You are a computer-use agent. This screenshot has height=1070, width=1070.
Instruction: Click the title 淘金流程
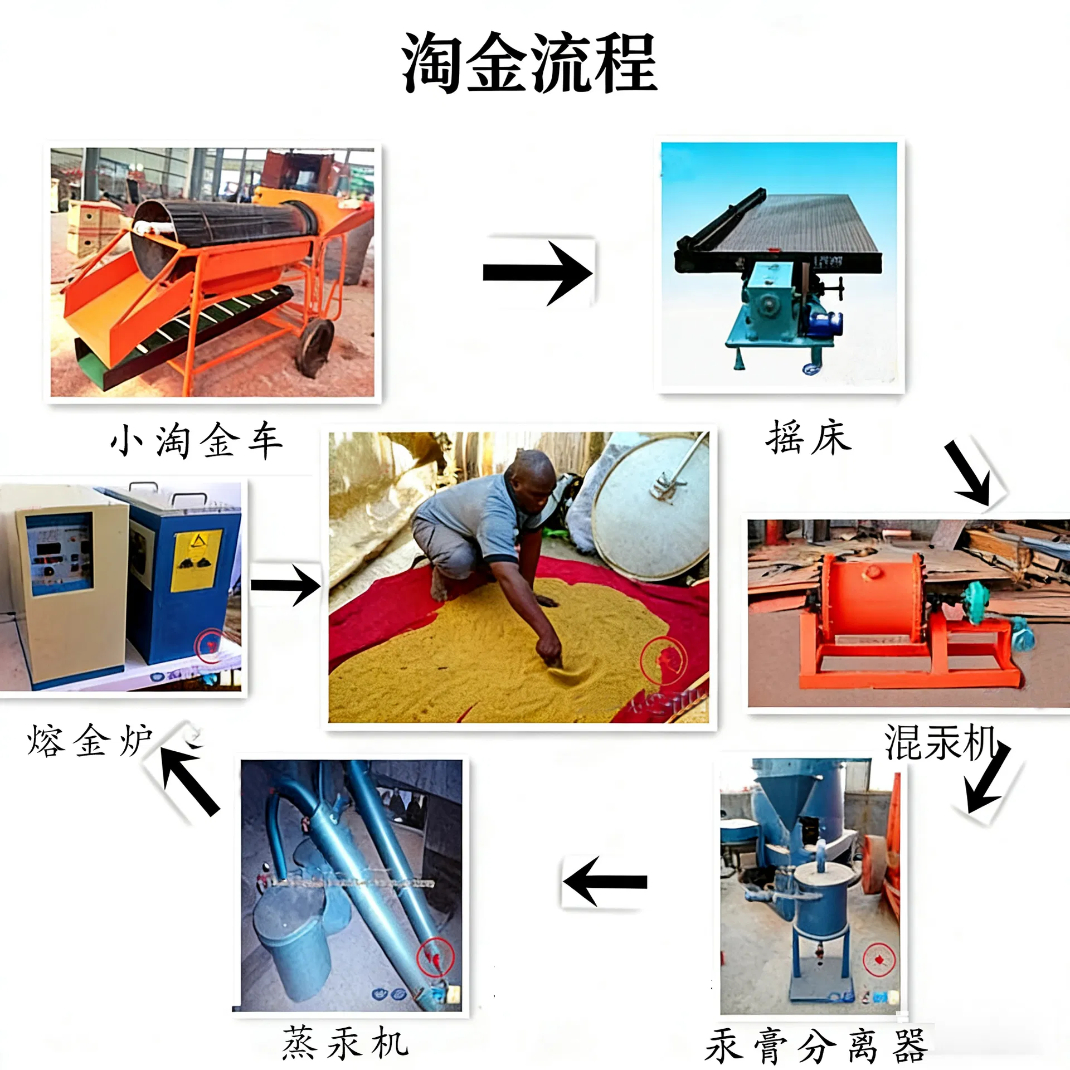pos(529,62)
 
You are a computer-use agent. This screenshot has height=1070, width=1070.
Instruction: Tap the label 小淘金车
pos(196,441)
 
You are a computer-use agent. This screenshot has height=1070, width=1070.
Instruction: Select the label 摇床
pos(809,437)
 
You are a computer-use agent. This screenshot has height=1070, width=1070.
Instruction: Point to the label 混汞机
pos(941,742)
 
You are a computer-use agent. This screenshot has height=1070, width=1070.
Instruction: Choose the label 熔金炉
pos(89,741)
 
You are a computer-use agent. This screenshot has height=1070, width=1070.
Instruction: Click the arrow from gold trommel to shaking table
pos(537,273)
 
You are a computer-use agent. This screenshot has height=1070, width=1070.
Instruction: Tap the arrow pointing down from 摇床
pos(970,473)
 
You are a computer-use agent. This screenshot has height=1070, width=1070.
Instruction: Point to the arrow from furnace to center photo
pos(285,585)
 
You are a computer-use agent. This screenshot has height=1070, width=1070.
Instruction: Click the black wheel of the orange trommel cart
pos(314,347)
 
